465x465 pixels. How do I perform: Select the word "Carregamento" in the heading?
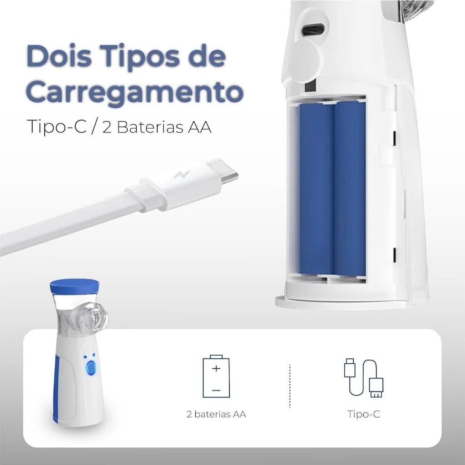pos(134,92)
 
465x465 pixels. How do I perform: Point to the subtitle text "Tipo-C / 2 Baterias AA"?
pos(119,127)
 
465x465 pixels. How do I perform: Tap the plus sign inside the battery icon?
pos(216,368)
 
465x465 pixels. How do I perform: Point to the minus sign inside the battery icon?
pos(216,390)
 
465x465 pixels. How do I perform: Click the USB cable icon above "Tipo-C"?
pos(363,378)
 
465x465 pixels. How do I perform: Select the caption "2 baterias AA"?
pos(216,414)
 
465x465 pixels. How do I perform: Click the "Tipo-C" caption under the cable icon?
pos(364,414)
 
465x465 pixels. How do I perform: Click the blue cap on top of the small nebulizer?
pos(74,286)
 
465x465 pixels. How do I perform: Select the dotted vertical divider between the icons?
pos(290,385)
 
